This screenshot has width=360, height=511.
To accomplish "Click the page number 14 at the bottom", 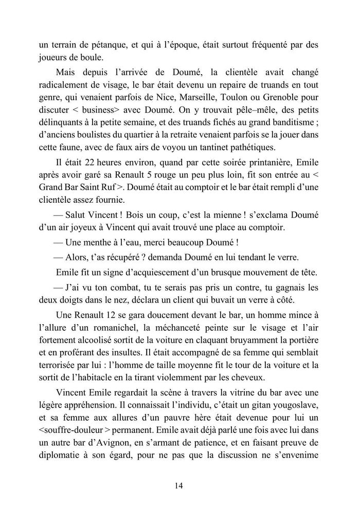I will (x=180, y=485).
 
